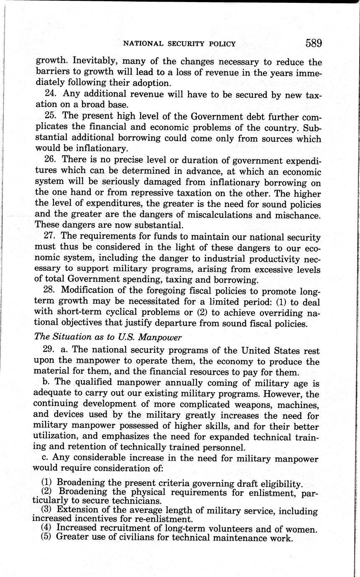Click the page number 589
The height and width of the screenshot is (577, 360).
pyautogui.click(x=313, y=43)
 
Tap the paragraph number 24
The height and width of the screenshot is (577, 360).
pyautogui.click(x=51, y=95)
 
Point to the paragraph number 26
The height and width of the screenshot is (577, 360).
pyautogui.click(x=51, y=161)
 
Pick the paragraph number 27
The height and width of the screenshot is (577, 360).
pyautogui.click(x=51, y=237)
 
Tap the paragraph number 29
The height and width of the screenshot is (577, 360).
pyautogui.click(x=51, y=350)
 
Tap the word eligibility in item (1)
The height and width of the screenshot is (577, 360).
pyautogui.click(x=282, y=484)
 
